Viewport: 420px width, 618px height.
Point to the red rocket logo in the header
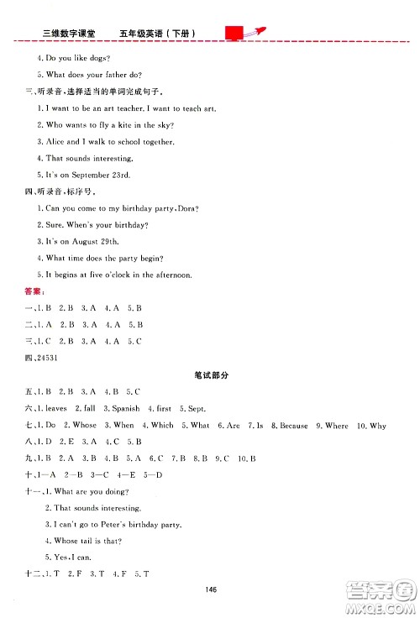pyautogui.click(x=244, y=33)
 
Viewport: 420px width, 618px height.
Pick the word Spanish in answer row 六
pyautogui.click(x=125, y=408)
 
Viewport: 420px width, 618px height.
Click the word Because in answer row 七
pyautogui.click(x=294, y=425)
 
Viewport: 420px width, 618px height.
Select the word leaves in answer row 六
pyautogui.click(x=57, y=408)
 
